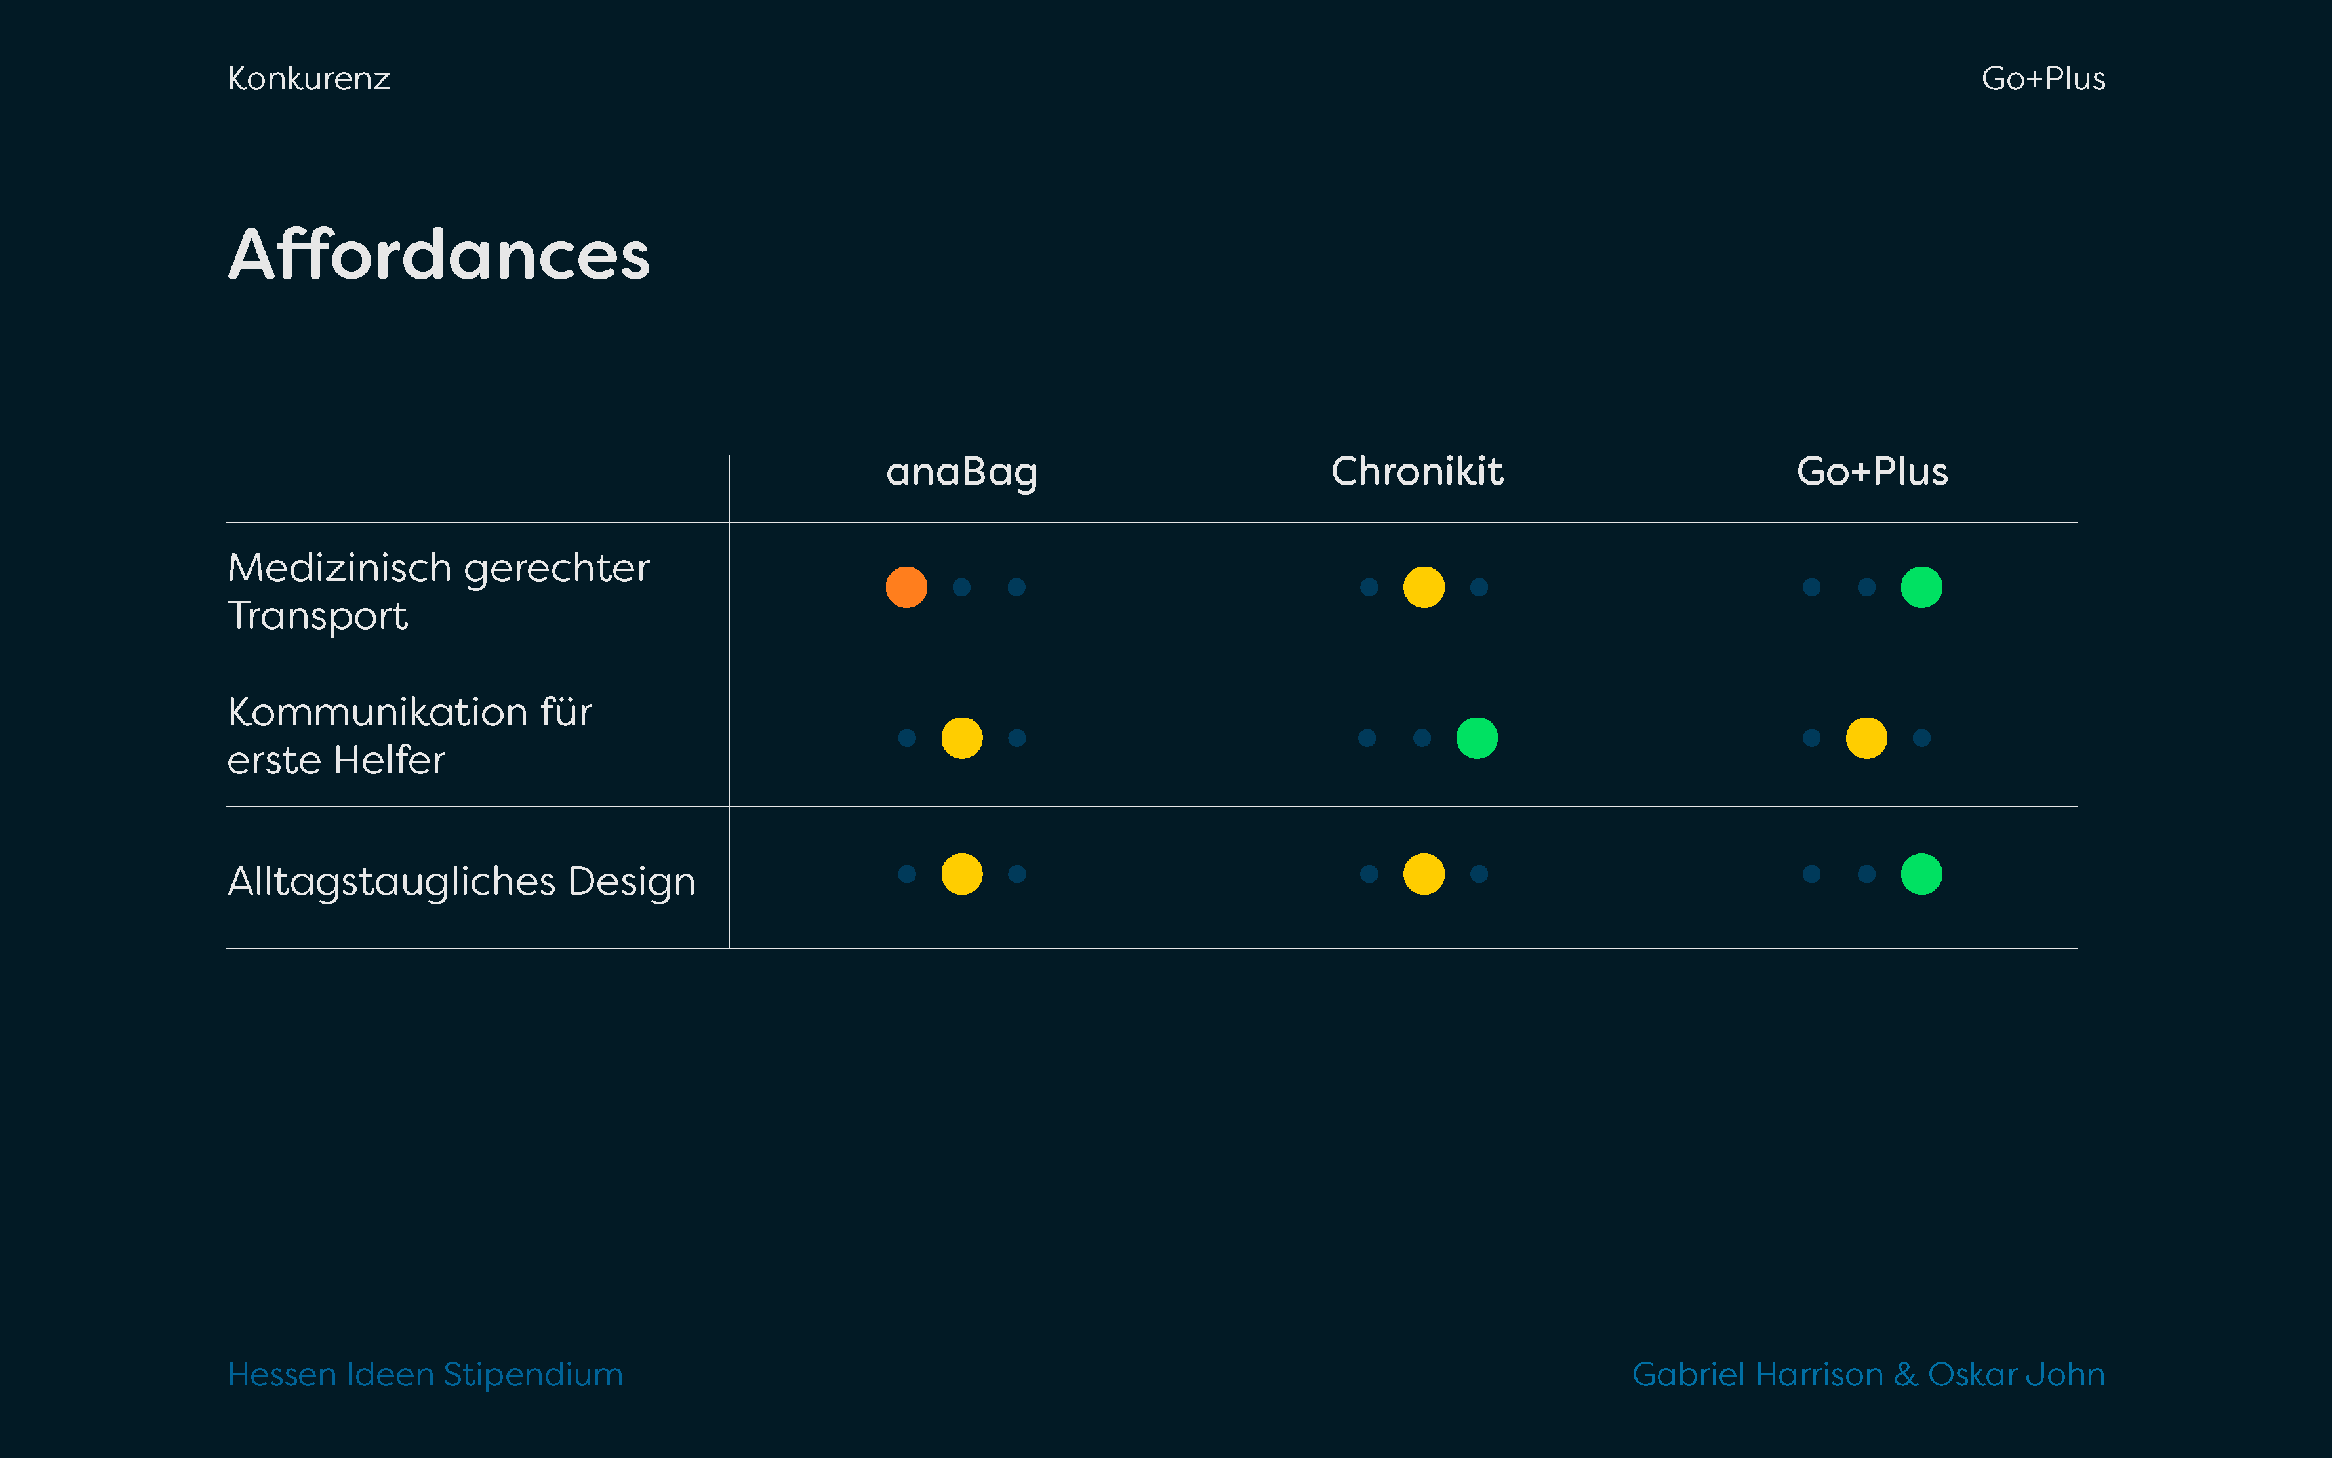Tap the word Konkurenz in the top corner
pos(308,78)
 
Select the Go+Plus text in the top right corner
pos(2043,78)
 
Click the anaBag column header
pos(961,472)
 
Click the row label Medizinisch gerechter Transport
pos(439,591)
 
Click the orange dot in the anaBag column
pos(906,587)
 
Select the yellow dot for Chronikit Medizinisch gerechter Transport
pos(1424,587)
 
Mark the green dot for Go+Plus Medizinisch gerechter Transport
pos(1921,587)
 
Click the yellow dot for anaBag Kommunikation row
pos(962,738)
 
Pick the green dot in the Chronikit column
pos(1477,738)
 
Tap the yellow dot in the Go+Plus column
pos(1866,738)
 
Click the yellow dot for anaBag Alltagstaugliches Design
pos(962,874)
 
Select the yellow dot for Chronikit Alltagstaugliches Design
pos(1424,874)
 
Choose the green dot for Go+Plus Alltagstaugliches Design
pos(1921,874)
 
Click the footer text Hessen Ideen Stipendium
pos(425,1374)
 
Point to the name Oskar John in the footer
pos(2016,1373)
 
